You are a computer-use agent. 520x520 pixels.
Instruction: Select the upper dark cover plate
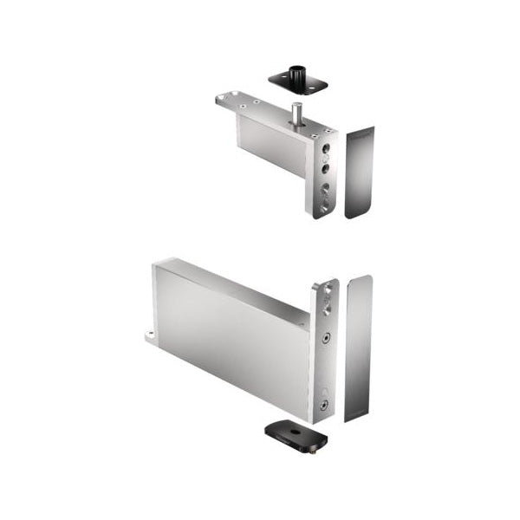click(x=360, y=172)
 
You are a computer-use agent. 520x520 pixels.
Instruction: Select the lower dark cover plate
click(x=358, y=347)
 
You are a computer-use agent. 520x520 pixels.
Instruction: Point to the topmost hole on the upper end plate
click(x=326, y=148)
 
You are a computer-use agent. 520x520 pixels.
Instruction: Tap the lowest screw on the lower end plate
click(x=322, y=405)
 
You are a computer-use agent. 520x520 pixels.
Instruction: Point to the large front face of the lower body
click(x=230, y=342)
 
